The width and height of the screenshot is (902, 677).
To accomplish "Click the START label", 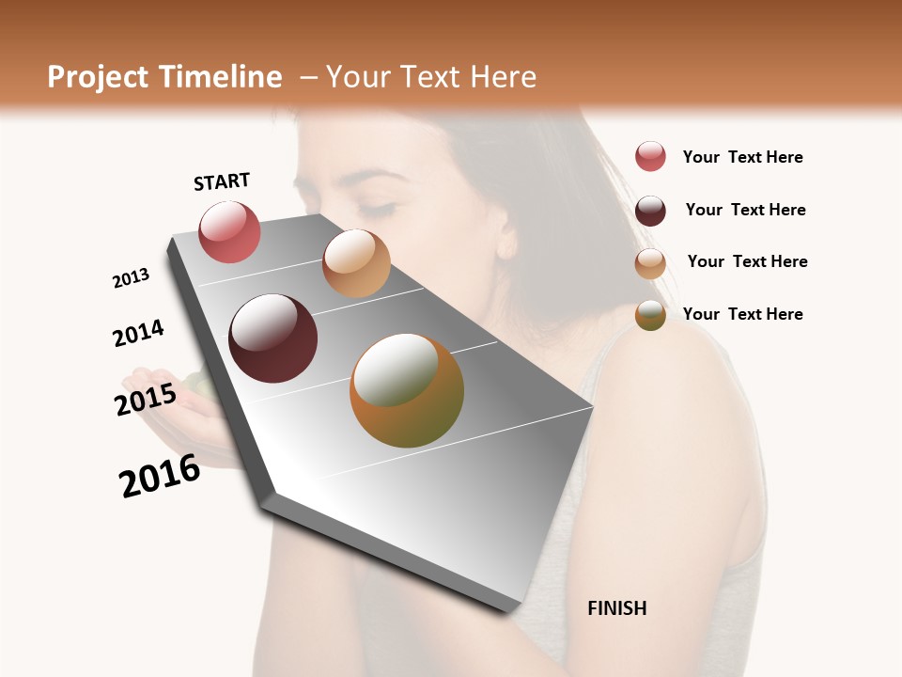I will point(222,181).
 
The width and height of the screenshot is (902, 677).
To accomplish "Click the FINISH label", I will point(617,608).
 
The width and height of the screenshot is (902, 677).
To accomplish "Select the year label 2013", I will point(131,278).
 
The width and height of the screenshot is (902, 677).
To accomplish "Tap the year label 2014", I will point(138,334).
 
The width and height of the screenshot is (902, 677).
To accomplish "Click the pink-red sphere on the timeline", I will point(229,232).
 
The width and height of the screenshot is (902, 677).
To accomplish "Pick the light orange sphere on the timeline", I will point(356,263).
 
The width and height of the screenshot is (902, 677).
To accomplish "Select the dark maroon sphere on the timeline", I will point(273,338).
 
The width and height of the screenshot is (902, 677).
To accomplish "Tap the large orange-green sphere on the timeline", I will point(407,390).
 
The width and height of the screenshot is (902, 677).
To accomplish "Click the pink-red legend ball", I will point(650,157).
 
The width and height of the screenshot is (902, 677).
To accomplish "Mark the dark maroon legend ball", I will point(650,211).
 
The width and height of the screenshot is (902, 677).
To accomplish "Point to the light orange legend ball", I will point(650,263).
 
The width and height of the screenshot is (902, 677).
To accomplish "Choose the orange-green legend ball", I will point(650,315).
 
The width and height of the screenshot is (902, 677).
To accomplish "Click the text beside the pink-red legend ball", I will point(742,157).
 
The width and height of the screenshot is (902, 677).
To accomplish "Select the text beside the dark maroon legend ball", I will point(745,210).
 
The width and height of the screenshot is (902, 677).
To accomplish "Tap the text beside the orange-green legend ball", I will point(742,314).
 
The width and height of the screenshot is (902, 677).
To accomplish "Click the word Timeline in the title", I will point(221,77).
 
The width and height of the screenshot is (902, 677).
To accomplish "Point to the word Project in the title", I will point(99,77).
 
